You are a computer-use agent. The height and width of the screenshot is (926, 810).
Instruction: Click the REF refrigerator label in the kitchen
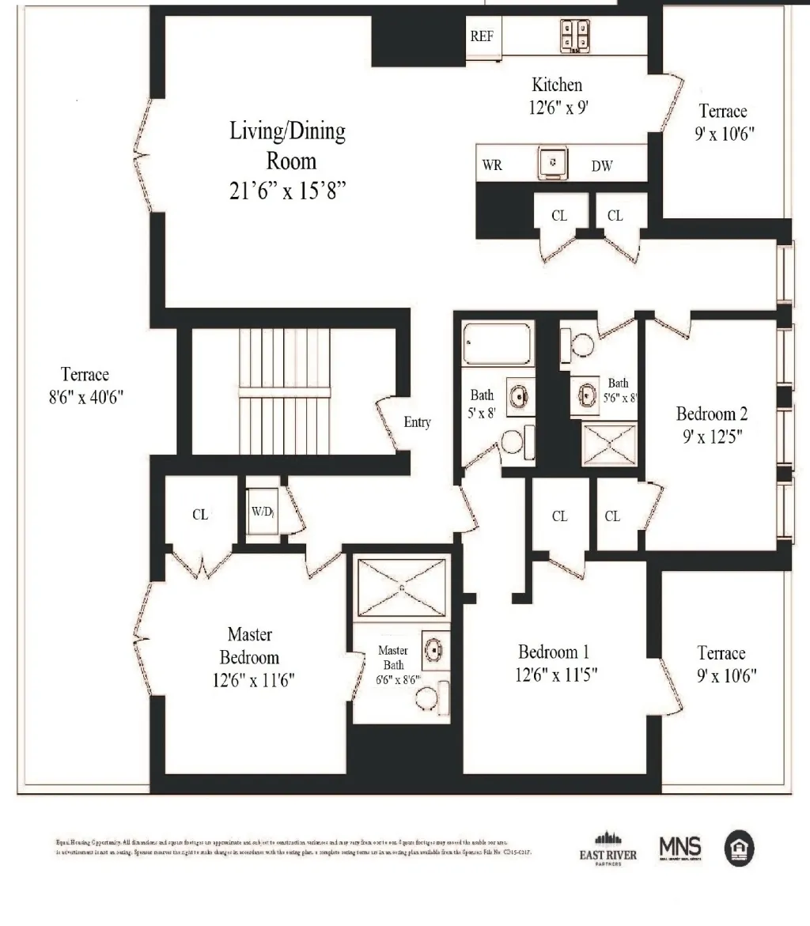coord(483,36)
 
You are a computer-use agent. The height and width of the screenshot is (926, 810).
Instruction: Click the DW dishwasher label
coord(602,166)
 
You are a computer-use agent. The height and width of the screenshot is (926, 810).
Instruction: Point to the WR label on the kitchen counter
coord(492,166)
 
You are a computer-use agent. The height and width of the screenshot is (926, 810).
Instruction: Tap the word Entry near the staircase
coord(417,422)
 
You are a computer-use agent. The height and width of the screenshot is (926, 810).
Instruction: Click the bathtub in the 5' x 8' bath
coord(497,343)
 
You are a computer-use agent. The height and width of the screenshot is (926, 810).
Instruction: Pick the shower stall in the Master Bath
coord(402,588)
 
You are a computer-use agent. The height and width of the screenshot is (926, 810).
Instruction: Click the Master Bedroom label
coord(250,645)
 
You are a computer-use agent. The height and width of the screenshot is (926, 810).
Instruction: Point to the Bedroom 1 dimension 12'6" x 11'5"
coord(554,675)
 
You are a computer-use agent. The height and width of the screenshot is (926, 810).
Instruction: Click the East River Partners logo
coord(607,849)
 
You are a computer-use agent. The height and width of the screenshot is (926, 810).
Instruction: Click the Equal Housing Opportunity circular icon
coord(740,849)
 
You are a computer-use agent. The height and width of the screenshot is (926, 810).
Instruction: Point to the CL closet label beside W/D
coord(200,515)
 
